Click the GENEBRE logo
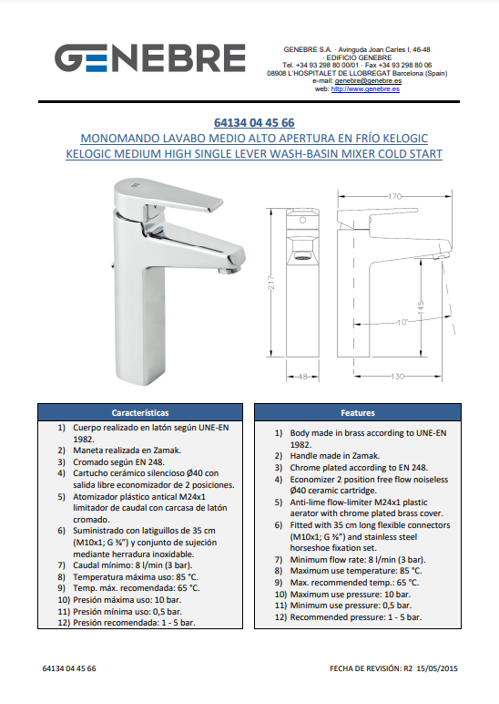[x=149, y=58]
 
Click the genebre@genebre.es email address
[x=368, y=81]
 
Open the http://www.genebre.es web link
[x=365, y=88]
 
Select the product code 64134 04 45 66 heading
[x=254, y=122]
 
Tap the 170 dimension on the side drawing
[x=394, y=196]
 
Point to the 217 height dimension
[x=271, y=282]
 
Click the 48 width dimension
[x=302, y=377]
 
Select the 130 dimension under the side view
[x=397, y=377]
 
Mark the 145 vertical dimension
[x=421, y=308]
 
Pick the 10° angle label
[x=402, y=322]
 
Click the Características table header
[x=140, y=412]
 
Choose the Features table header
[x=358, y=412]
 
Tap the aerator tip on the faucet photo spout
[x=229, y=270]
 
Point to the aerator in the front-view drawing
[x=303, y=258]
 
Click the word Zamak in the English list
[x=366, y=456]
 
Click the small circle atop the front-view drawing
[x=302, y=220]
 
